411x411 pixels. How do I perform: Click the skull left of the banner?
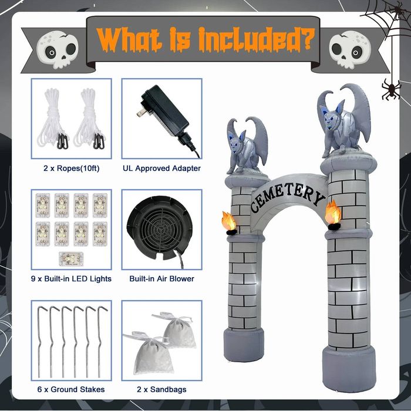(x=58, y=50)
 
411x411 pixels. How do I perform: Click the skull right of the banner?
(x=350, y=50)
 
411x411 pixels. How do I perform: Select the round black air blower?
(x=159, y=228)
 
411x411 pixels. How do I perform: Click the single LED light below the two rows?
(x=71, y=259)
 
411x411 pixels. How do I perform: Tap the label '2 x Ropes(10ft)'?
(x=72, y=169)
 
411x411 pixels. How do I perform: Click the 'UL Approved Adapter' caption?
(x=161, y=169)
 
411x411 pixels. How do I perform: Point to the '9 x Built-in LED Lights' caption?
(x=71, y=279)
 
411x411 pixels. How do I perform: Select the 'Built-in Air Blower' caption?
(x=161, y=279)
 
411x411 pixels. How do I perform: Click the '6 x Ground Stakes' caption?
(x=71, y=389)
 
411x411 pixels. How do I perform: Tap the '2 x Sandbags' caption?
(x=161, y=389)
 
